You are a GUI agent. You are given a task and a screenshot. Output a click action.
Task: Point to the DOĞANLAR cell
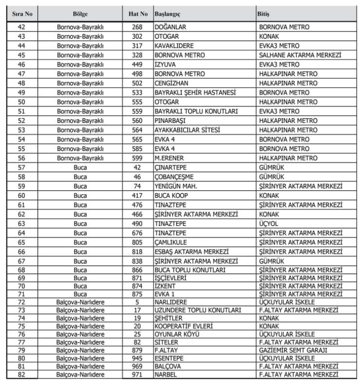(170, 27)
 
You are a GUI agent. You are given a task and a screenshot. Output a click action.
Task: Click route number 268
(137, 27)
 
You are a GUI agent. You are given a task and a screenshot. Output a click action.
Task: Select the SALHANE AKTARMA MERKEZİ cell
(300, 55)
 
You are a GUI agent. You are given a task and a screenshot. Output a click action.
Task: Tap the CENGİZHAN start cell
(172, 83)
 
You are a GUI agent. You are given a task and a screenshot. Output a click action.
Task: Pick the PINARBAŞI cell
(170, 120)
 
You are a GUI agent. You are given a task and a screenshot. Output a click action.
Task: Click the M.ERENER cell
(169, 158)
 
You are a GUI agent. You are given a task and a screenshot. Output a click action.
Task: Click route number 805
(137, 242)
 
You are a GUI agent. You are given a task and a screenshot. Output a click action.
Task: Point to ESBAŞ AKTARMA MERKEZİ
(191, 252)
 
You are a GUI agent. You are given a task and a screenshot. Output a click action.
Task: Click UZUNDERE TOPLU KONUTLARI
(197, 310)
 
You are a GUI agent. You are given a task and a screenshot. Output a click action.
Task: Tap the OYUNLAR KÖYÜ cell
(177, 334)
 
